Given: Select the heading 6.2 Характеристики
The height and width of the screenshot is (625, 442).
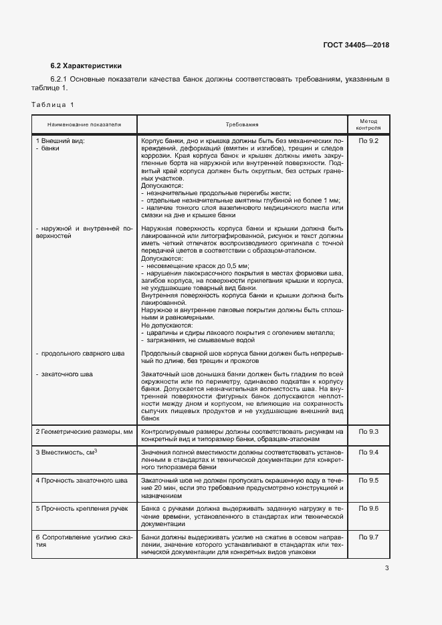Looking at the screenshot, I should pyautogui.click(x=86, y=66).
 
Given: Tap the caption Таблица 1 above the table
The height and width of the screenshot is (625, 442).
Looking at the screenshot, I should pyautogui.click(x=53, y=104).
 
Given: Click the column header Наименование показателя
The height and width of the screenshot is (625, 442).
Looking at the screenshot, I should pyautogui.click(x=84, y=124).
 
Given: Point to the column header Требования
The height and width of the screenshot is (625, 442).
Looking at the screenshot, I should pyautogui.click(x=241, y=124).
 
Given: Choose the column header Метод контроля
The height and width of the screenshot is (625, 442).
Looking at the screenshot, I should pyautogui.click(x=368, y=124).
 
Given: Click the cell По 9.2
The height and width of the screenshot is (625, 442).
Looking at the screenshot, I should pyautogui.click(x=368, y=141).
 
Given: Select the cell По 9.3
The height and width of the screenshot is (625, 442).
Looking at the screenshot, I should pyautogui.click(x=368, y=432).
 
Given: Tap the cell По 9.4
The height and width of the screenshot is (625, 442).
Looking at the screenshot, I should pyautogui.click(x=368, y=453).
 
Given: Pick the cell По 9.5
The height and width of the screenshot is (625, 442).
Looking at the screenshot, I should pyautogui.click(x=368, y=481).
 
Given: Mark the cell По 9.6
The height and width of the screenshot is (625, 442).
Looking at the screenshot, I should pyautogui.click(x=368, y=509).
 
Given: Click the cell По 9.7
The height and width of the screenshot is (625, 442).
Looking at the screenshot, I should pyautogui.click(x=368, y=537).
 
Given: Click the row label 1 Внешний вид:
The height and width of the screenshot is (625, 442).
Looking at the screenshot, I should pyautogui.click(x=60, y=141).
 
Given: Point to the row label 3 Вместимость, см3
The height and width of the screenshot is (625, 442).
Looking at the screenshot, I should pyautogui.click(x=67, y=453).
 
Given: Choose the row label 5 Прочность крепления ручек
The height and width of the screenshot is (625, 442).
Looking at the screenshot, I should pyautogui.click(x=83, y=509).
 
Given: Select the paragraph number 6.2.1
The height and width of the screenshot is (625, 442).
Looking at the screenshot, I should pyautogui.click(x=60, y=80).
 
